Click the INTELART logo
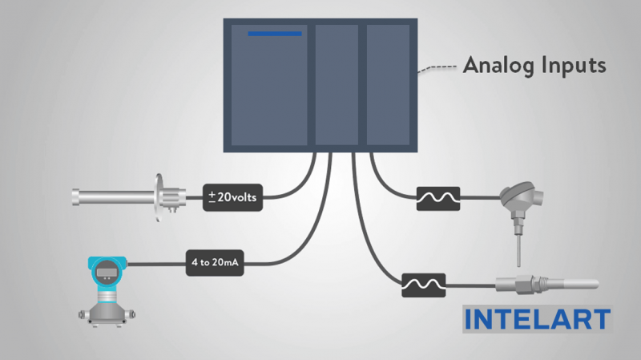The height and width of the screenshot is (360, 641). pyautogui.click(x=537, y=319)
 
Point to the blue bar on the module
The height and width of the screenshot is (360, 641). pyautogui.click(x=274, y=34)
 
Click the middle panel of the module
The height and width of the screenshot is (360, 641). pyautogui.click(x=337, y=84)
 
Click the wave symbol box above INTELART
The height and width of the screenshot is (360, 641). pyautogui.click(x=422, y=284)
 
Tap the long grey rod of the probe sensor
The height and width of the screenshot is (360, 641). pyautogui.click(x=112, y=195)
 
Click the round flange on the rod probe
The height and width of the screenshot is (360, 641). pyautogui.click(x=159, y=195)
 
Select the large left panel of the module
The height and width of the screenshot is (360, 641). pyautogui.click(x=269, y=88)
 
